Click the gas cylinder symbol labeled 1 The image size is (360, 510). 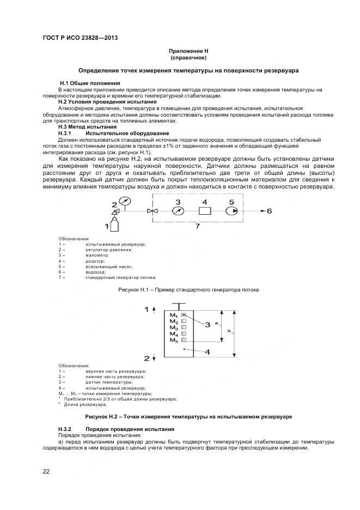(115, 224)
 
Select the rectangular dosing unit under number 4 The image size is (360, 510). (205, 211)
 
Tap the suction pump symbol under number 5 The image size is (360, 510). (231, 211)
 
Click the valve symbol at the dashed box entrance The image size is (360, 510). (156, 211)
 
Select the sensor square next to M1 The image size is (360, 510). (184, 315)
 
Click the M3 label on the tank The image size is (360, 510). (174, 327)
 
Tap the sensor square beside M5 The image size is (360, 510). (184, 340)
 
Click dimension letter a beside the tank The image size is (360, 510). (217, 323)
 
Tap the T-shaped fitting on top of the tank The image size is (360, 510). (179, 306)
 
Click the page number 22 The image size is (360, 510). (46, 471)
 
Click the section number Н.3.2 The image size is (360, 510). (65, 429)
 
